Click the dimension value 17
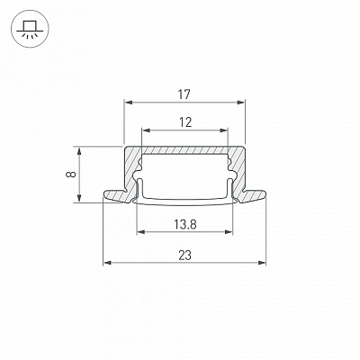pyautogui.click(x=184, y=94)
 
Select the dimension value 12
pyautogui.click(x=185, y=122)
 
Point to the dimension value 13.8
pyautogui.click(x=185, y=224)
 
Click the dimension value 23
pyautogui.click(x=184, y=256)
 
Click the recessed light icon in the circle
pyautogui.click(x=29, y=29)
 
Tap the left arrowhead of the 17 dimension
pyautogui.click(x=129, y=103)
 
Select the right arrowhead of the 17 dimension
pyautogui.click(x=241, y=103)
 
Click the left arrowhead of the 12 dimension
pyautogui.click(x=146, y=130)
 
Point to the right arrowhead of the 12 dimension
pyautogui.click(x=224, y=130)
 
